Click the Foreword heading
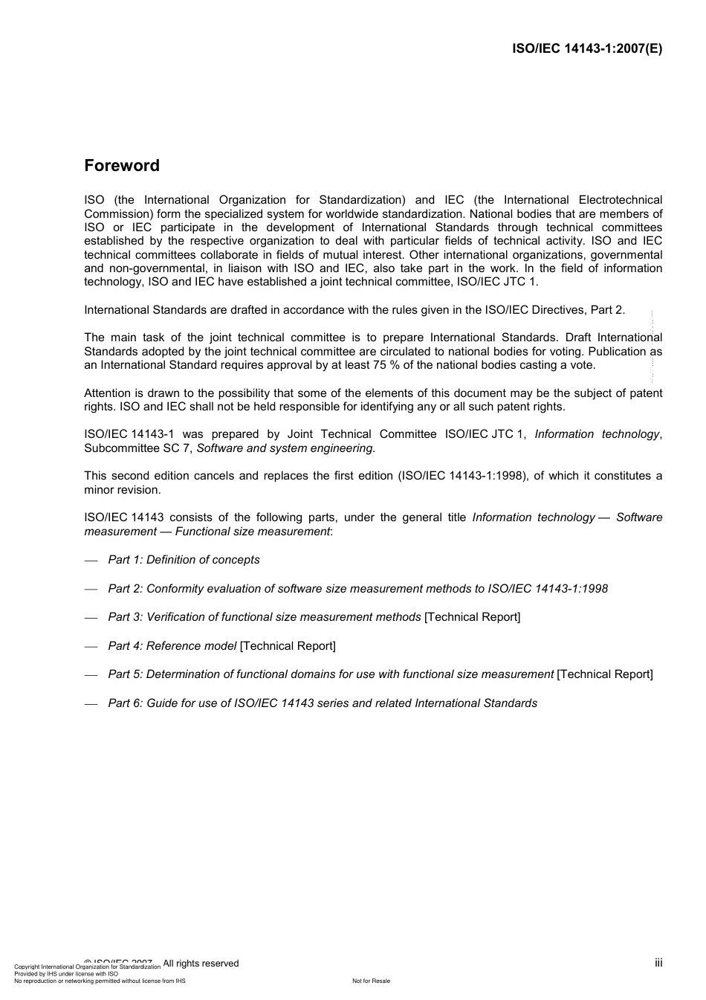(122, 166)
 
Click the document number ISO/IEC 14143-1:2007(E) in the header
(587, 49)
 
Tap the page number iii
(658, 963)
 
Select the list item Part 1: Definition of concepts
(184, 560)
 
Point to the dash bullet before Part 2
(91, 589)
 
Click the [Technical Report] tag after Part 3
(472, 617)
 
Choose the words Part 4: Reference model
(172, 646)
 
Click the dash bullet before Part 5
(91, 674)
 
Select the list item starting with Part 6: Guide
(323, 703)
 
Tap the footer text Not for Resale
(371, 981)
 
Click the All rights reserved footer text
(201, 964)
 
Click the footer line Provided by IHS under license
(66, 974)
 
